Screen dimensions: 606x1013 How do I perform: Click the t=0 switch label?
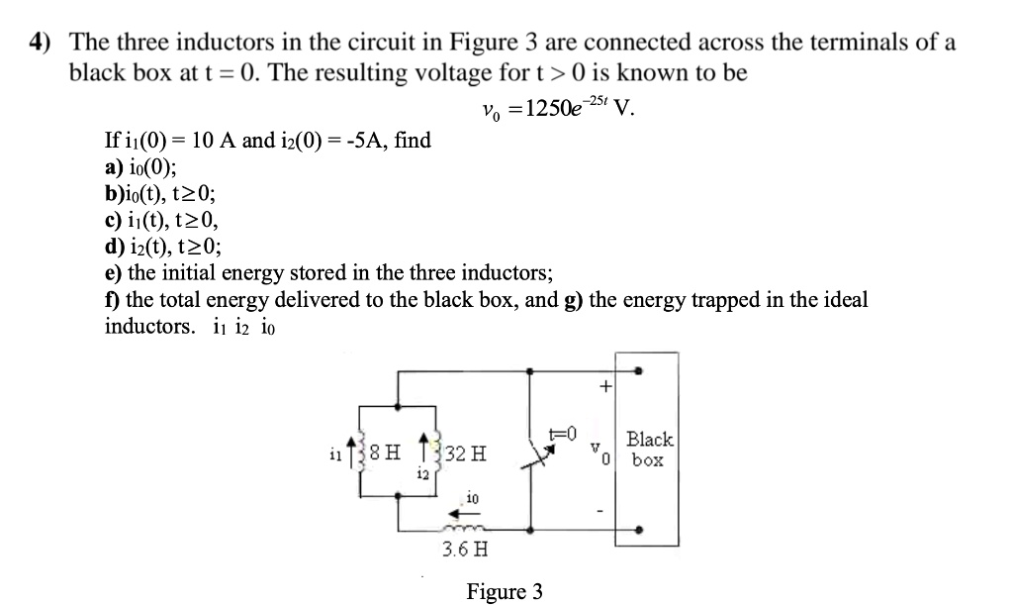click(x=562, y=432)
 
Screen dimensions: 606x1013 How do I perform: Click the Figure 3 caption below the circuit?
click(x=505, y=592)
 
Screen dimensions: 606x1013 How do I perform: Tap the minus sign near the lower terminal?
click(x=600, y=511)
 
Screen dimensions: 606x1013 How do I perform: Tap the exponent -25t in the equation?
click(x=597, y=100)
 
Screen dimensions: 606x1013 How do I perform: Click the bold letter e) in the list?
click(x=114, y=273)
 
